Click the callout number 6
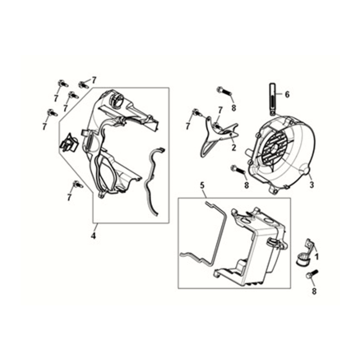pos(287,94)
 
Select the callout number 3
pos(312,184)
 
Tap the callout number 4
pos(93,236)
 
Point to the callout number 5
pos(202,186)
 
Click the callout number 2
pos(233,148)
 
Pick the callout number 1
pos(317,257)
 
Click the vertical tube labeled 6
pos(273,98)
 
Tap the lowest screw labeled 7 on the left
pos(77,184)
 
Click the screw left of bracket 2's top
pos(197,113)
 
